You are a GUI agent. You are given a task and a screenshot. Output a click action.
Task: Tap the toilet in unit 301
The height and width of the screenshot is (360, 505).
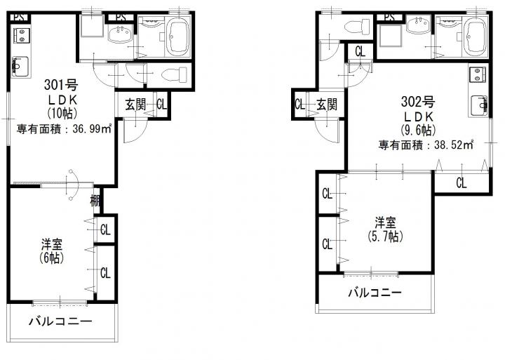174,75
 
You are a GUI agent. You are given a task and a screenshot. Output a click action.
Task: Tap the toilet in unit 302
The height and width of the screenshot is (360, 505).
357,27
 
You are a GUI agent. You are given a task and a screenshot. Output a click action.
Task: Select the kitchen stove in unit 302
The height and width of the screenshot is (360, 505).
478,75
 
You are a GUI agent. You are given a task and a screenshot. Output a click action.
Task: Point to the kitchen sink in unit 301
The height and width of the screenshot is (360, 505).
20,67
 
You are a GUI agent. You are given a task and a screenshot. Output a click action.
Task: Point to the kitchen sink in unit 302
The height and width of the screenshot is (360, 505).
478,105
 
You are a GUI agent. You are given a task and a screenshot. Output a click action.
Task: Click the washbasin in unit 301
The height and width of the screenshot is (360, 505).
120,34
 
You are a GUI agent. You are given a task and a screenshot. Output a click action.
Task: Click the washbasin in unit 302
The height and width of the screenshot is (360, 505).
418,25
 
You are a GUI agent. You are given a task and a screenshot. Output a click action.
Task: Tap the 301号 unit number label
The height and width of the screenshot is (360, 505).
61,85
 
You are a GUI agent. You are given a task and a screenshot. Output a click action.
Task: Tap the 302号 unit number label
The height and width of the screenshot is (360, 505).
417,102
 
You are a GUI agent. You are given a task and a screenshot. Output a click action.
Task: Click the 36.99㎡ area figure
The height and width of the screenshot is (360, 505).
92,129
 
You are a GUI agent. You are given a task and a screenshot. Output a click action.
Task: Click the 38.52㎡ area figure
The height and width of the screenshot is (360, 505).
454,145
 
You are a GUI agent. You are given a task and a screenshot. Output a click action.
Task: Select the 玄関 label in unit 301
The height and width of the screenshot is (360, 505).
135,105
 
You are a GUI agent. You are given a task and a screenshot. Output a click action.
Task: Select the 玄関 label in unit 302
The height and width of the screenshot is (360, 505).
327,105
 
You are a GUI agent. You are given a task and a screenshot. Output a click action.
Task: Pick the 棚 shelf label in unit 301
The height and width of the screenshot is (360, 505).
95,201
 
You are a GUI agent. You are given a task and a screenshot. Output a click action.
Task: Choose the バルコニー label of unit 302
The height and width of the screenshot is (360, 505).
375,293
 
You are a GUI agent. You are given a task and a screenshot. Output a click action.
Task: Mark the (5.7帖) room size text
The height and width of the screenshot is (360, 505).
385,236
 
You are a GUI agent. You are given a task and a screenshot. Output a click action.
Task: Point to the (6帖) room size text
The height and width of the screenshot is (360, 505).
51,258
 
